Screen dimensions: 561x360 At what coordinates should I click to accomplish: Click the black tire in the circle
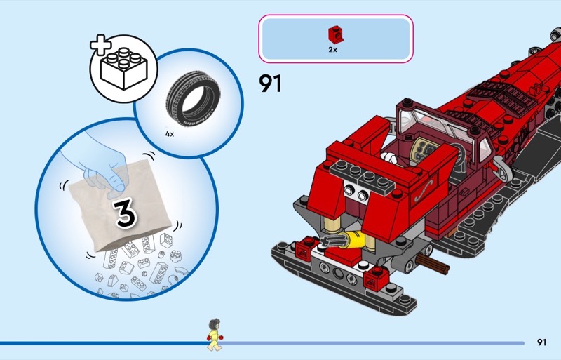pos(194,98)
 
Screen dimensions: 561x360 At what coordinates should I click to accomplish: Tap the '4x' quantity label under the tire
pos(170,134)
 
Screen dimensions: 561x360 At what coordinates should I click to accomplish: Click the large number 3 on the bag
pos(126,213)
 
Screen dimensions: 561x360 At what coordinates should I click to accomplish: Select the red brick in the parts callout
pos(336,35)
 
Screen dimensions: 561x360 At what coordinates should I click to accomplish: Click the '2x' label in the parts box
pos(332,50)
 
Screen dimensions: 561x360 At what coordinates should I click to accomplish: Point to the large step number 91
pos(271,84)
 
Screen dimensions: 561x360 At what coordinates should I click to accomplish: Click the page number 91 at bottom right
pos(541,342)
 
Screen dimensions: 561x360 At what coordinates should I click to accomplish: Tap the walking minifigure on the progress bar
pos(215,335)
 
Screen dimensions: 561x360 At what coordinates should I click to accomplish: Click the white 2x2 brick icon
pos(124,68)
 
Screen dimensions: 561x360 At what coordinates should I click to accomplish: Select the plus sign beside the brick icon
pos(101,46)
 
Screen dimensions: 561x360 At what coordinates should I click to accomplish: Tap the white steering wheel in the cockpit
pos(388,158)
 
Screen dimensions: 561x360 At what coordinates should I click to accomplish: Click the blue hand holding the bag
pos(96,166)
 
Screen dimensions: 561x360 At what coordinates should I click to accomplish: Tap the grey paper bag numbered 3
pos(121,205)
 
